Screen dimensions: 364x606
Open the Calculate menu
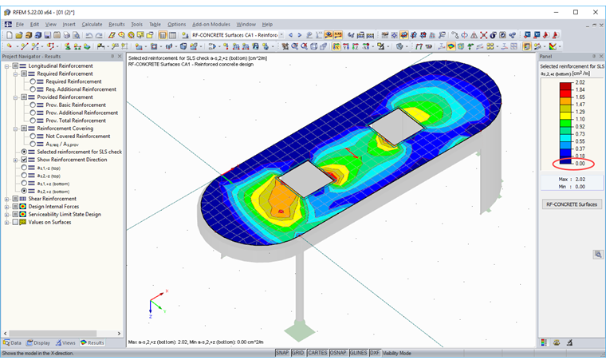[x=92, y=24]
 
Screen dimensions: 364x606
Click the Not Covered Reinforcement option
[x=78, y=136]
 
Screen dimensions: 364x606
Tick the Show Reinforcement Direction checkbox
[x=24, y=160]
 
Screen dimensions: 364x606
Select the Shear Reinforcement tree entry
[x=53, y=199]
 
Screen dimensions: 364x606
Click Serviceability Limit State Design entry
[x=65, y=214]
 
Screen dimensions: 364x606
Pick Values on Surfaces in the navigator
[x=50, y=222]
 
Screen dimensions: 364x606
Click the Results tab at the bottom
[x=92, y=342]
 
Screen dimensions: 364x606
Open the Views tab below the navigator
[x=65, y=342]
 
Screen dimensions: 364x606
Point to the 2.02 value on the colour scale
[x=580, y=83]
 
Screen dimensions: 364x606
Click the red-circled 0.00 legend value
[x=580, y=164]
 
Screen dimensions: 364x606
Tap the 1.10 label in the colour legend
[x=580, y=119]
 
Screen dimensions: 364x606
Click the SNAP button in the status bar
[x=282, y=353]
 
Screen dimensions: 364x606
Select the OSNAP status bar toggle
[x=337, y=353]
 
